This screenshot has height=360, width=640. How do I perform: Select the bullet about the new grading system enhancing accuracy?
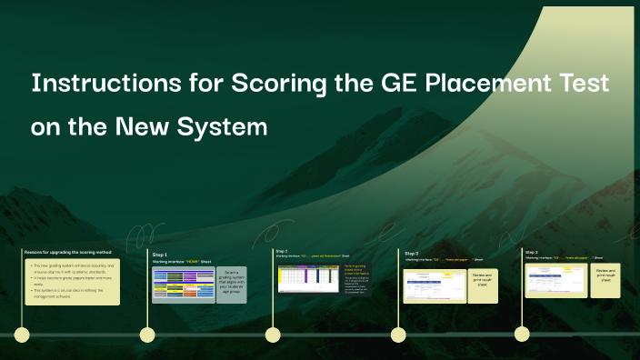click(x=73, y=267)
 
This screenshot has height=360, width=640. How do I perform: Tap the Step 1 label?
click(x=160, y=255)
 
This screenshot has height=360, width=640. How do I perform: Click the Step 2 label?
click(x=281, y=251)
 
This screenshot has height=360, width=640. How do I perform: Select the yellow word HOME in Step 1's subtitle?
click(x=192, y=262)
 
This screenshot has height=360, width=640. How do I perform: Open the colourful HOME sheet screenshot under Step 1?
click(x=183, y=285)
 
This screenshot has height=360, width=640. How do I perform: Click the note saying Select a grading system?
click(x=232, y=283)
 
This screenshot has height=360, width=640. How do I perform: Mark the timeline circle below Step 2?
click(x=272, y=335)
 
